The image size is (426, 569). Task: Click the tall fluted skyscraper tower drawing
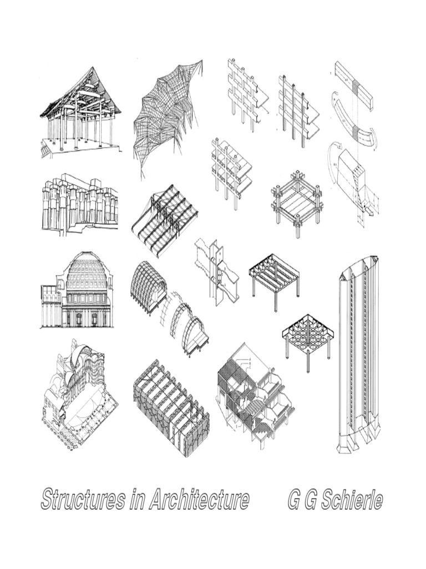point(359,354)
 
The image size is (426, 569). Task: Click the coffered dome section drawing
point(77,290)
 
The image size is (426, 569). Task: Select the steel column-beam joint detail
point(216,271)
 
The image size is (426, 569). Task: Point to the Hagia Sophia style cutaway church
point(79,395)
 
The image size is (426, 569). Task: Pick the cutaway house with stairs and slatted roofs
point(256,396)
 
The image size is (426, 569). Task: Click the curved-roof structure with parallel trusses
point(164,220)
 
